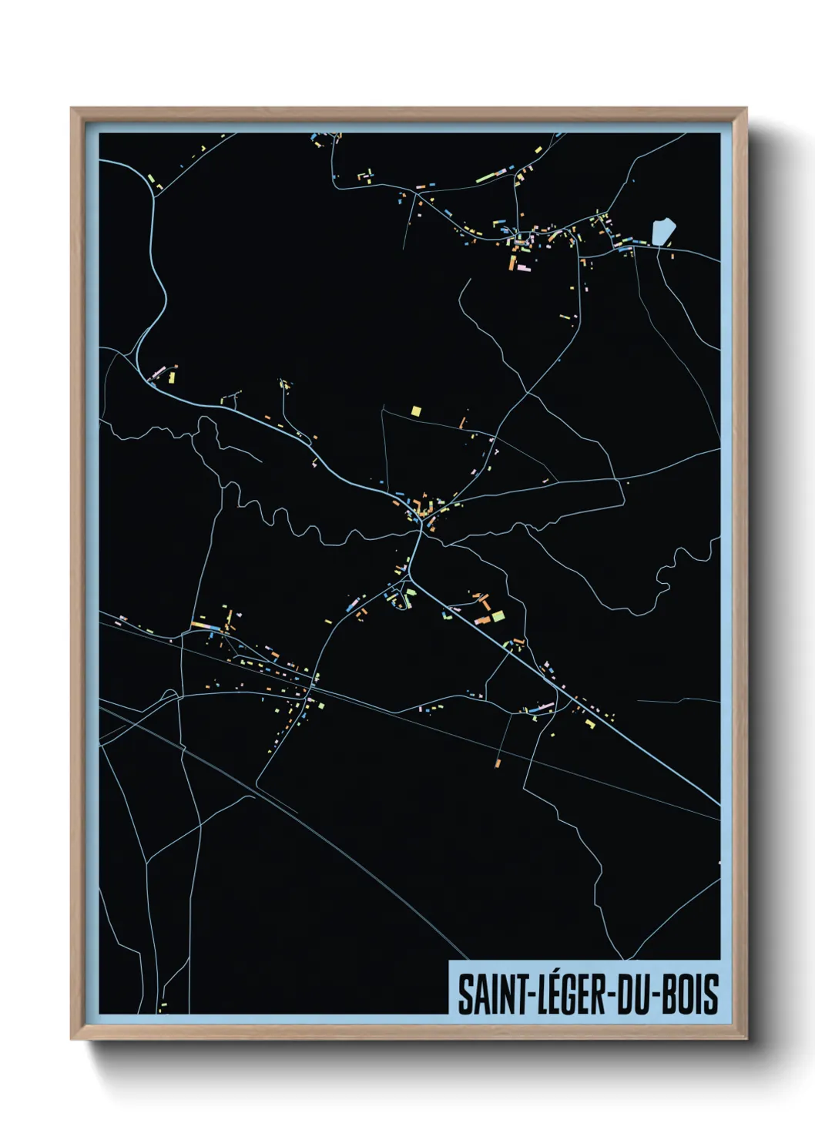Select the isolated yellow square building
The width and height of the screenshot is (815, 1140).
(x=417, y=411)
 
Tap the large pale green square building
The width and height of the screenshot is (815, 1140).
(x=498, y=615)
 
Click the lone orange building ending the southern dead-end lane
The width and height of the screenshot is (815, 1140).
(x=498, y=763)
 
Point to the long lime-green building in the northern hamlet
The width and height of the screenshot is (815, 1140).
(x=486, y=178)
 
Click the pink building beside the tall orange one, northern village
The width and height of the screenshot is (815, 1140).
(x=523, y=267)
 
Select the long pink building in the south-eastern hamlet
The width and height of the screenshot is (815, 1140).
(x=545, y=706)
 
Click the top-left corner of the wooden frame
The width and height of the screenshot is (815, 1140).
(x=72, y=109)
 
